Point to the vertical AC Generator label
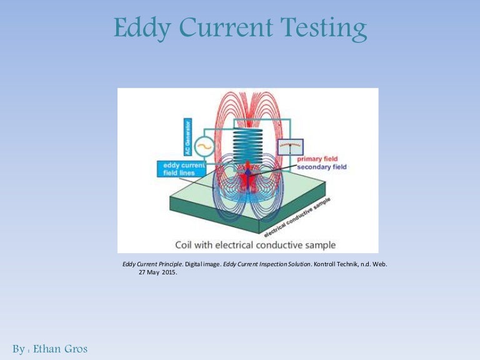[x=188, y=137]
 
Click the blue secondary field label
[x=321, y=167]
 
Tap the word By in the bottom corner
[x=18, y=349]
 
